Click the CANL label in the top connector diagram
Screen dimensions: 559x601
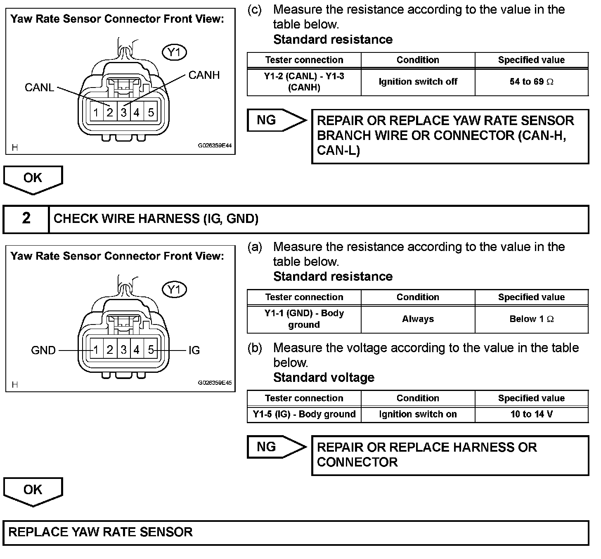(39, 88)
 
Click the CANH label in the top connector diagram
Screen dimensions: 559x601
(204, 75)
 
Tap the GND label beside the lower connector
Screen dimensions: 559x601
(43, 351)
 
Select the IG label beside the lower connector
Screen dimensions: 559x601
(194, 351)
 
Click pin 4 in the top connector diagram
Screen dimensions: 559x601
(137, 112)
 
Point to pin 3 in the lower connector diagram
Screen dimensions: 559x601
(123, 350)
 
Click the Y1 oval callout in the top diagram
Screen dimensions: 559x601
(175, 52)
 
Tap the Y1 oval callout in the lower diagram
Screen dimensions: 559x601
(175, 290)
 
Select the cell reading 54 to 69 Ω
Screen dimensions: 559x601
(531, 82)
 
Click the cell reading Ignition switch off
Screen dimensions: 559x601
(418, 82)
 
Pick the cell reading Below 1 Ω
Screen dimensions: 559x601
(531, 319)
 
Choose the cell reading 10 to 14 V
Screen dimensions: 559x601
(531, 414)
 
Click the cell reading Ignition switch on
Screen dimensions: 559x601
(418, 414)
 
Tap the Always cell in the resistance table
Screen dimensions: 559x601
(418, 319)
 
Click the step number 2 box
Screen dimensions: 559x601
(26, 218)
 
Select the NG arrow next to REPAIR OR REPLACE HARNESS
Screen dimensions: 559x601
(274, 447)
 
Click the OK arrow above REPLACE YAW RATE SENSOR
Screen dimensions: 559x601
(33, 490)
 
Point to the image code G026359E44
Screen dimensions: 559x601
(215, 146)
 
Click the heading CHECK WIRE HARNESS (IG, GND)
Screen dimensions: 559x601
(156, 218)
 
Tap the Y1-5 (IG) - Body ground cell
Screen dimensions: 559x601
(304, 414)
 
